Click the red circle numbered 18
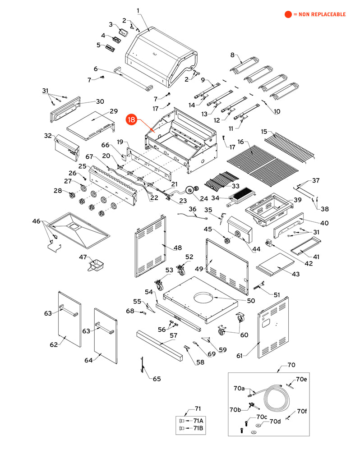point(131,119)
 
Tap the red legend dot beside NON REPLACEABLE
point(288,14)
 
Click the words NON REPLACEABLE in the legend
point(322,14)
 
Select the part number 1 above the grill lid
point(138,11)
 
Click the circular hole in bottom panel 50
point(204,298)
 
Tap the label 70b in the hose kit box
point(235,410)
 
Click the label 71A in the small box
point(198,421)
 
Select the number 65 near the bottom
point(157,379)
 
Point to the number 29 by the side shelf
point(114,111)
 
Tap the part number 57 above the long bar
point(174,335)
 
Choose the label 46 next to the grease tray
point(36,221)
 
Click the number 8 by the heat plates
point(232,55)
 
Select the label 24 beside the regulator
point(204,199)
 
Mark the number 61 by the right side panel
point(240,356)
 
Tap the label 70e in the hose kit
point(301,379)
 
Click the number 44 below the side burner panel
point(256,249)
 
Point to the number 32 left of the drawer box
point(48,136)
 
